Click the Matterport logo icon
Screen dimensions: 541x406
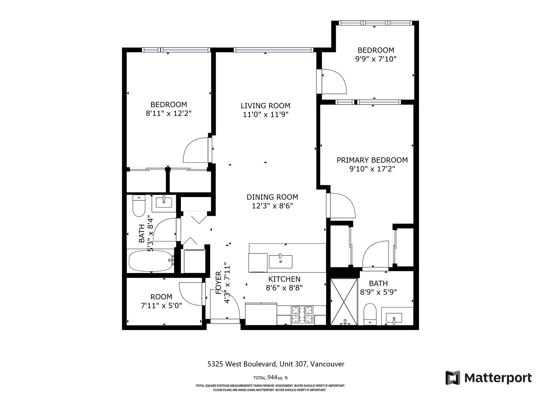(x=452, y=377)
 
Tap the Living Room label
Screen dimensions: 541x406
(x=265, y=106)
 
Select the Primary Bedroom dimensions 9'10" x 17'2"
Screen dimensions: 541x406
(x=372, y=169)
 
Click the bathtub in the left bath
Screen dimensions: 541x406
(x=151, y=261)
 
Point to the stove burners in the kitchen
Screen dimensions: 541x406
(x=302, y=315)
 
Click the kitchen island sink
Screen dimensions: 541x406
(x=280, y=262)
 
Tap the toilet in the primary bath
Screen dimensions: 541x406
(x=370, y=314)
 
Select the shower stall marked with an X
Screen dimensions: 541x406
(x=344, y=302)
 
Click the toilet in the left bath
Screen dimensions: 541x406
(x=139, y=206)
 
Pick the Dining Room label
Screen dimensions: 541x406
(x=272, y=197)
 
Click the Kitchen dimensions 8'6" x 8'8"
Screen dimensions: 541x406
(x=284, y=288)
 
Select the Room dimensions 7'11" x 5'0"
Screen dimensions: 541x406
(x=161, y=306)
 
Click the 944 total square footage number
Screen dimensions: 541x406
(x=272, y=377)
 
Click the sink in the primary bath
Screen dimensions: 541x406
(x=394, y=318)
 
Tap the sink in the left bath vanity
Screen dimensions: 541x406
(x=164, y=202)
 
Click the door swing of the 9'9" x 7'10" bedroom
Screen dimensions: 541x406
(x=334, y=81)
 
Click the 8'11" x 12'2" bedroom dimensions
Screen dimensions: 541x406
(x=169, y=113)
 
